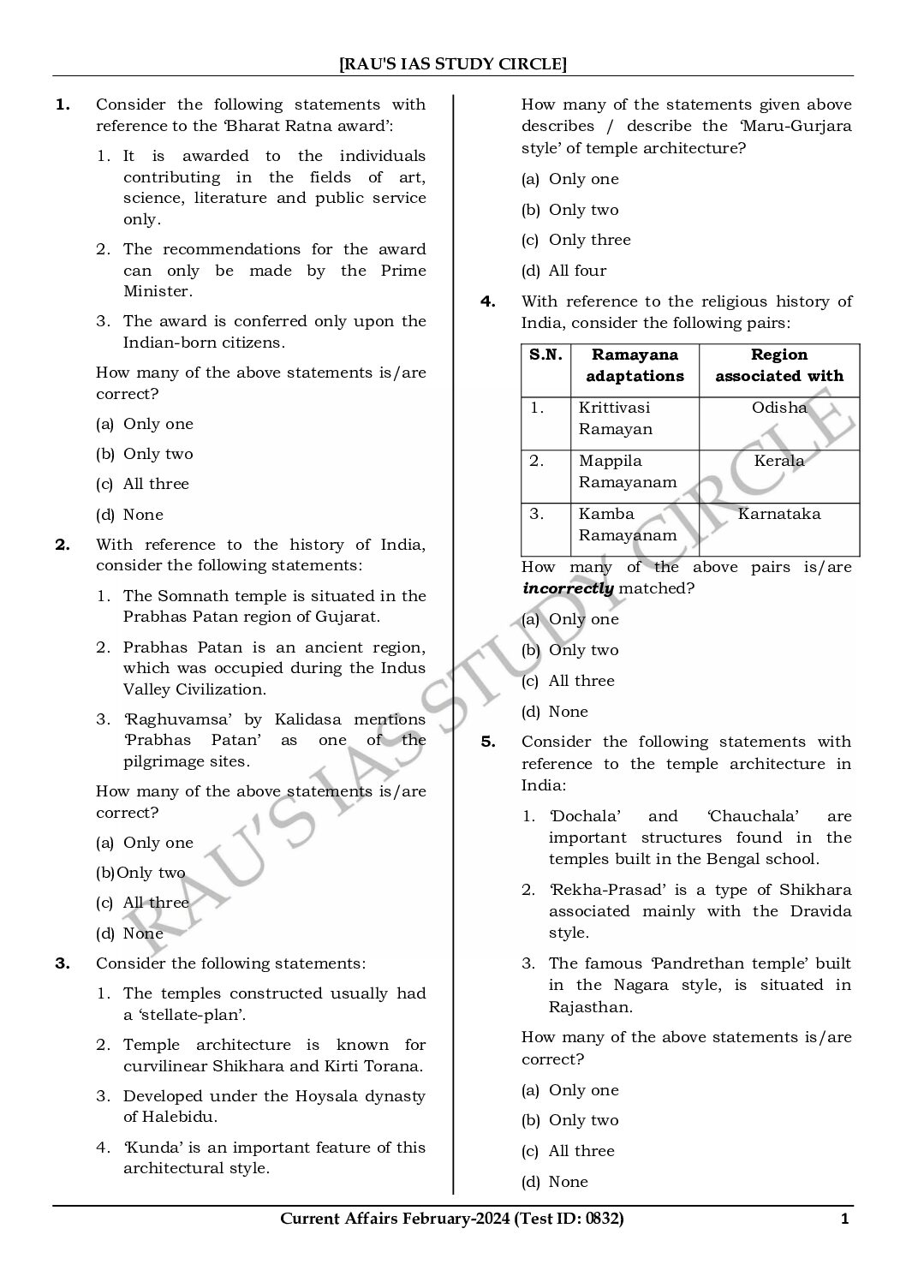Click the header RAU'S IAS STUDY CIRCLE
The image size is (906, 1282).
click(x=453, y=63)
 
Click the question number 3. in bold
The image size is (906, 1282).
click(x=63, y=963)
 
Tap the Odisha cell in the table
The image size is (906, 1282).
click(x=779, y=408)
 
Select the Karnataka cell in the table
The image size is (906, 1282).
click(x=779, y=514)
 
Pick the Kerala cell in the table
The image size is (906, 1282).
click(x=779, y=461)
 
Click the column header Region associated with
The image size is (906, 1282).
click(x=779, y=365)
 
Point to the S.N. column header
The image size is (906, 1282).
click(x=545, y=355)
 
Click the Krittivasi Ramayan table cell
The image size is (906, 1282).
click(x=615, y=418)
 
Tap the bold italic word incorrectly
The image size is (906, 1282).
click(x=568, y=588)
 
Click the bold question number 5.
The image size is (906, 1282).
click(x=488, y=742)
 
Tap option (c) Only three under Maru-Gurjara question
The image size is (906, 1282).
click(x=576, y=240)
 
